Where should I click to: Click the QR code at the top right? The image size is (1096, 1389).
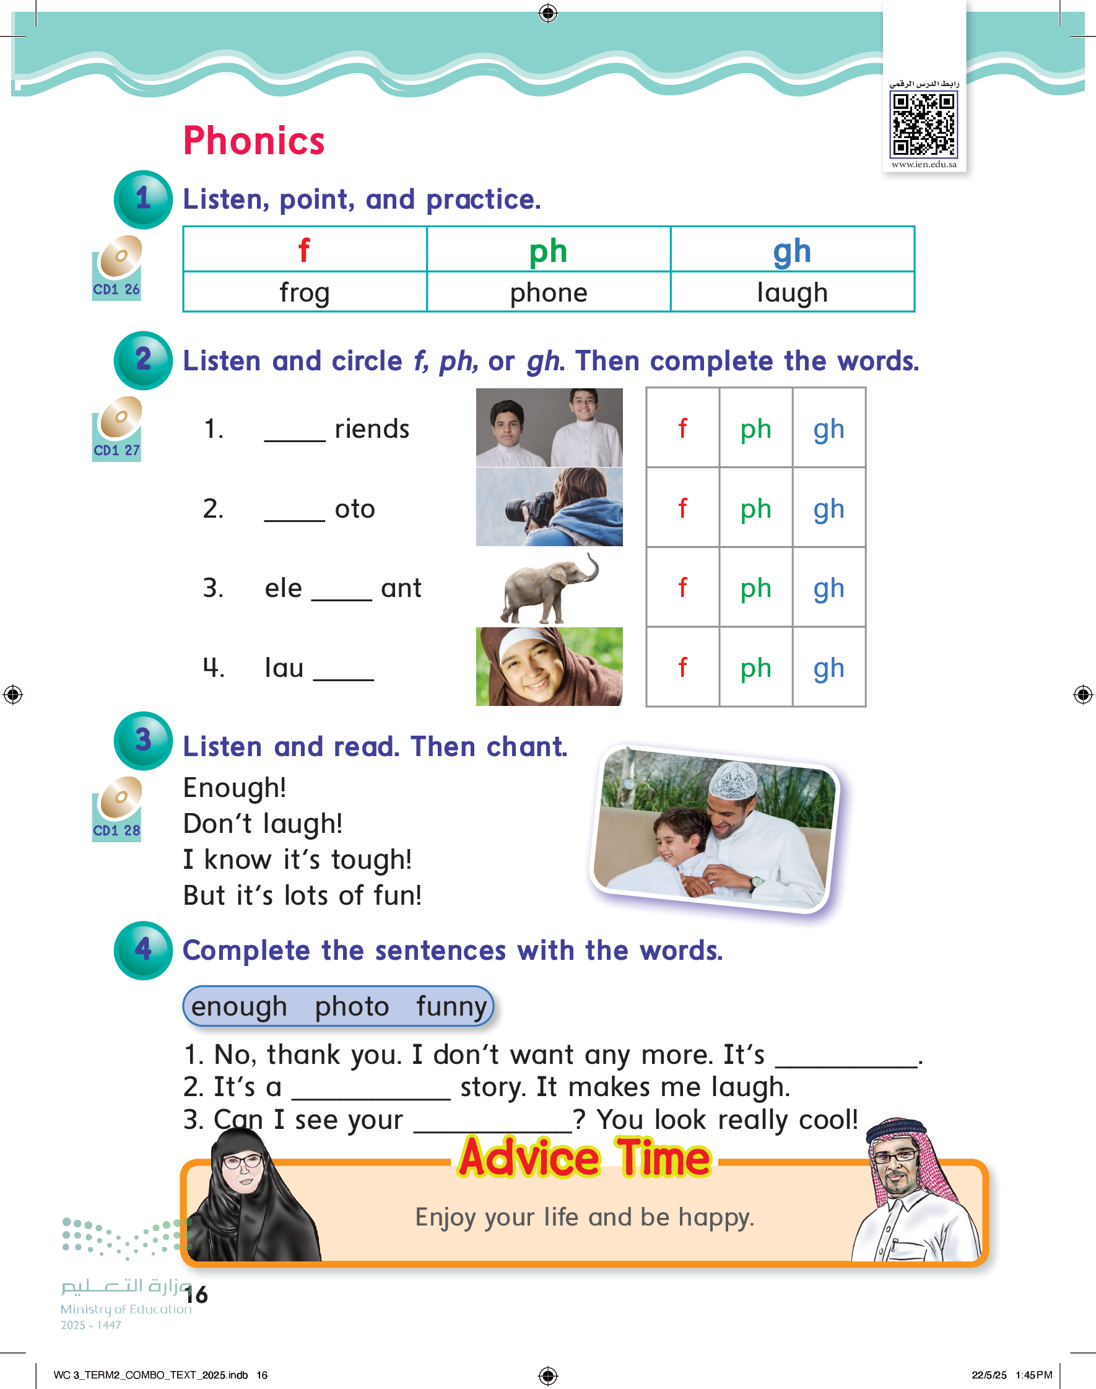923,124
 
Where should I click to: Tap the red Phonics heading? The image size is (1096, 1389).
254,141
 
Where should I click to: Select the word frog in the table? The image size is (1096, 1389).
304,292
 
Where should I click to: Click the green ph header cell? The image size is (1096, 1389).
548,250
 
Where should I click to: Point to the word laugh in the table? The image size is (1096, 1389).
792,292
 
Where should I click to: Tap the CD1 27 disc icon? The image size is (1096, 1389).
117,428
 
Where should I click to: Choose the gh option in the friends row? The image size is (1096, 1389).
829,429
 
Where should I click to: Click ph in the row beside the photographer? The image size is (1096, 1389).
755,508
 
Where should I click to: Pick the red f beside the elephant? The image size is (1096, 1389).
682,588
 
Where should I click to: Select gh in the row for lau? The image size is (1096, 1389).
829,668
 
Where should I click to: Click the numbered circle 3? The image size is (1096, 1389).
143,741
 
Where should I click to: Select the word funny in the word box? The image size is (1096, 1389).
451,1006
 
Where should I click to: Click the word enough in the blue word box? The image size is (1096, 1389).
239,1006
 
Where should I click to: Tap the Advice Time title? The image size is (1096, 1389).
585,1158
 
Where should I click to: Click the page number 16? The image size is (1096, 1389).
196,1295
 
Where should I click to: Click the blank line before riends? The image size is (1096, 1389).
295,433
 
